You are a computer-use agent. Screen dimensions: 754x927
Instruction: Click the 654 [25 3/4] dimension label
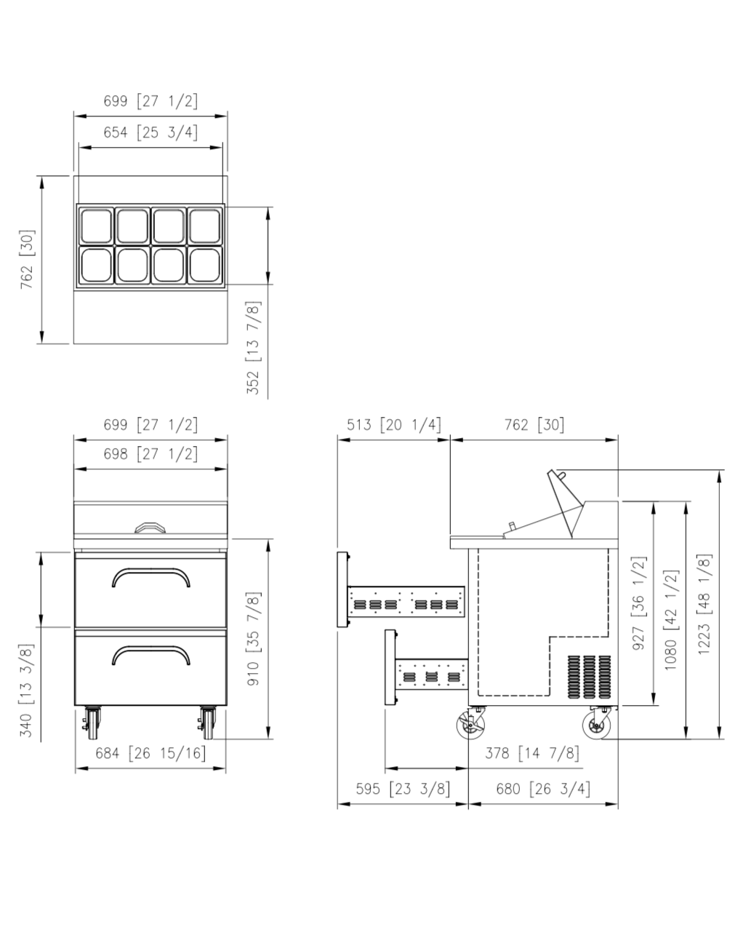151,132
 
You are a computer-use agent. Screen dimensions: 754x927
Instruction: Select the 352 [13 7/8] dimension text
253,348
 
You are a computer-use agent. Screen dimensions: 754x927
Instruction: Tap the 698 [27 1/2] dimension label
151,454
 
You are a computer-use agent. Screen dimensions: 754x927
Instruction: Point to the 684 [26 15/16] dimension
151,753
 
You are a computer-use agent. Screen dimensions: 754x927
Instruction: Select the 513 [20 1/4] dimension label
394,424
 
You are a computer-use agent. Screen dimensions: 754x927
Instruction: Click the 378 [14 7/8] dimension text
532,753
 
